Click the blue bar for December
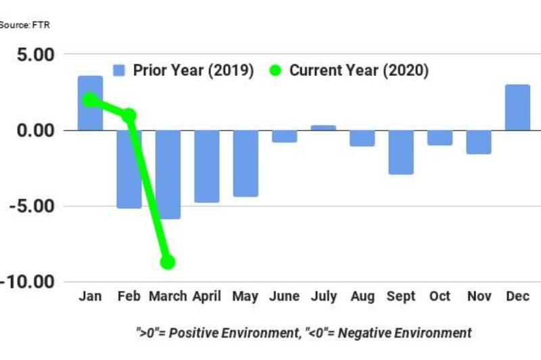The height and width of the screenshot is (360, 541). pyautogui.click(x=517, y=108)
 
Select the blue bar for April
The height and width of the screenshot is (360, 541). pyautogui.click(x=207, y=166)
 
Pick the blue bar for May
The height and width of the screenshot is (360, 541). pyautogui.click(x=245, y=163)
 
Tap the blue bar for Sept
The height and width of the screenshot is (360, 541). pyautogui.click(x=400, y=152)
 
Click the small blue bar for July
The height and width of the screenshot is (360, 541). pyautogui.click(x=323, y=127)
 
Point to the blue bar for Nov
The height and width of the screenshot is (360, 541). pyautogui.click(x=478, y=141)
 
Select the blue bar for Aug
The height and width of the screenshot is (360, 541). pyautogui.click(x=362, y=137)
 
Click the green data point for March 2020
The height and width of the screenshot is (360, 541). pyautogui.click(x=167, y=262)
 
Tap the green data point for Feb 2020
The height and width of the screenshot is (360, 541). pyautogui.click(x=128, y=116)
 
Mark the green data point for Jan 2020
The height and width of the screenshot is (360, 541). pyautogui.click(x=90, y=100)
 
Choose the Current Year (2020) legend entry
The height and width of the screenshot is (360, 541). pyautogui.click(x=349, y=71)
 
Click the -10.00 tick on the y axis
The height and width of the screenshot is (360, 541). pyautogui.click(x=31, y=282)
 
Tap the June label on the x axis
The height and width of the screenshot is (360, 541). pyautogui.click(x=284, y=297)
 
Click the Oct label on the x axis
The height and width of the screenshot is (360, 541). pyautogui.click(x=439, y=297)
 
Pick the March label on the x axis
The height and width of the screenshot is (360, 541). pyautogui.click(x=167, y=297)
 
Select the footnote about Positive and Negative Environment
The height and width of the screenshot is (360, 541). pyautogui.click(x=302, y=332)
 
